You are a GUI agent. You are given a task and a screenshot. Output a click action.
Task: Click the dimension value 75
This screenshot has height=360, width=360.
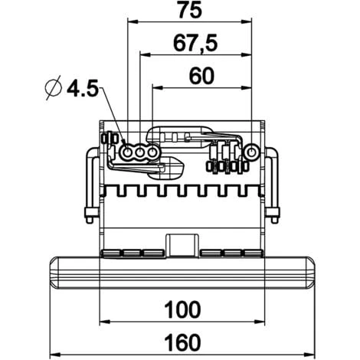coord(190,11)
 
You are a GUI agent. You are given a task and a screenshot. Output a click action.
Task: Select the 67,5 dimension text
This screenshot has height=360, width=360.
coord(195,44)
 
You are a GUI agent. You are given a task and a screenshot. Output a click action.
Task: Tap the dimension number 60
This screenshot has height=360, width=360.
coord(201,76)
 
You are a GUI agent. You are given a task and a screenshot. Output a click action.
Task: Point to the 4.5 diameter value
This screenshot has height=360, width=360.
coord(83,89)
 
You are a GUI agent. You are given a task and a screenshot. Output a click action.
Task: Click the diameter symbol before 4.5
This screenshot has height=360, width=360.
coord(54,88)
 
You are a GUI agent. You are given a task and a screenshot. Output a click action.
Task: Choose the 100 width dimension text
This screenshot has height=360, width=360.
coord(182,309)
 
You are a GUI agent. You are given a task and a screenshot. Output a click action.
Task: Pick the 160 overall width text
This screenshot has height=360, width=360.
coord(182,342)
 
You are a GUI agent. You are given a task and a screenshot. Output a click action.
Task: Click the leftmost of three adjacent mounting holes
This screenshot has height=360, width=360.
coord(127,152)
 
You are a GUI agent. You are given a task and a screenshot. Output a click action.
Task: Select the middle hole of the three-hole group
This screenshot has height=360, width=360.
coord(139,152)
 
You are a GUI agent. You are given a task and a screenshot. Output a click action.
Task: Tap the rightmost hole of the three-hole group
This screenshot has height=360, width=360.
coord(152,152)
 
